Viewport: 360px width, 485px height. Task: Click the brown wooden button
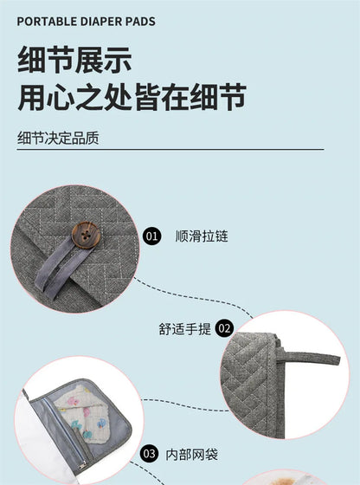85,235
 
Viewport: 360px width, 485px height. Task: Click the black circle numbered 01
152,236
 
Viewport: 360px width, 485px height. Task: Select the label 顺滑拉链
201,236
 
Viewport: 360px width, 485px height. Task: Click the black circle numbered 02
225,328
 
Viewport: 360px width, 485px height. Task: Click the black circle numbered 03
150,453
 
